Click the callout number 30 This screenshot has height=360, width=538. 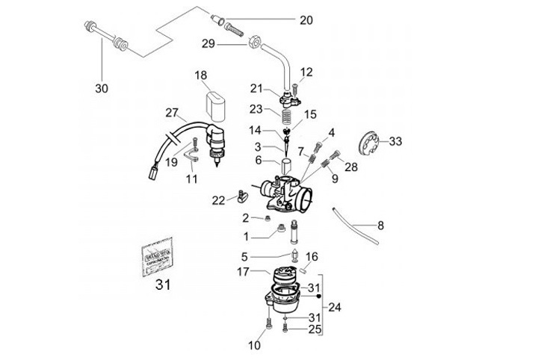[x=102, y=88]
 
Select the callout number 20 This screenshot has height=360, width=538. [x=306, y=20]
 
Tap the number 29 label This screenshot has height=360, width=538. [x=208, y=44]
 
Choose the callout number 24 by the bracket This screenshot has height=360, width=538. [x=334, y=306]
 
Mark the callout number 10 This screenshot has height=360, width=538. [x=255, y=345]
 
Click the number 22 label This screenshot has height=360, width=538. [x=217, y=200]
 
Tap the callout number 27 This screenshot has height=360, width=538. [x=173, y=114]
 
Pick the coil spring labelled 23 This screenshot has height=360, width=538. [x=284, y=117]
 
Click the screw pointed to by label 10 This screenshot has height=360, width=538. [x=268, y=326]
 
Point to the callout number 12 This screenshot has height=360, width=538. [x=306, y=72]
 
